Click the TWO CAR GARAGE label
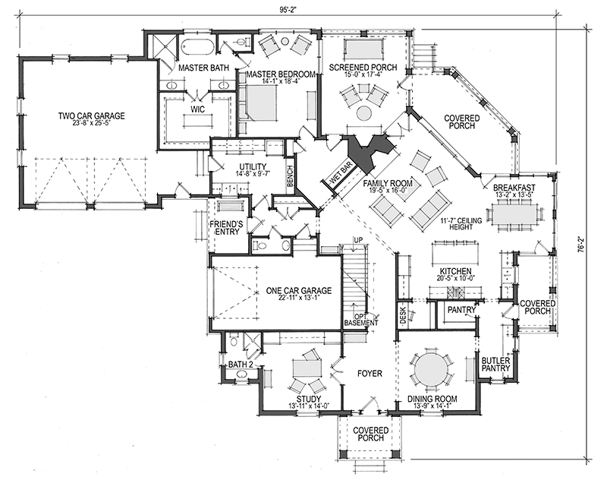(91, 115)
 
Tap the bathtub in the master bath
(197, 47)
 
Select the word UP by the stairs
(358, 241)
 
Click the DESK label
(403, 315)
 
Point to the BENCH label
(291, 176)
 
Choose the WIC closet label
(197, 109)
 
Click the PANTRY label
(461, 310)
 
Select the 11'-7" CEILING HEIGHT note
(461, 223)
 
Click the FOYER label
(370, 374)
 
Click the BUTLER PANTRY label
(496, 365)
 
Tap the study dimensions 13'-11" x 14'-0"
(308, 406)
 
